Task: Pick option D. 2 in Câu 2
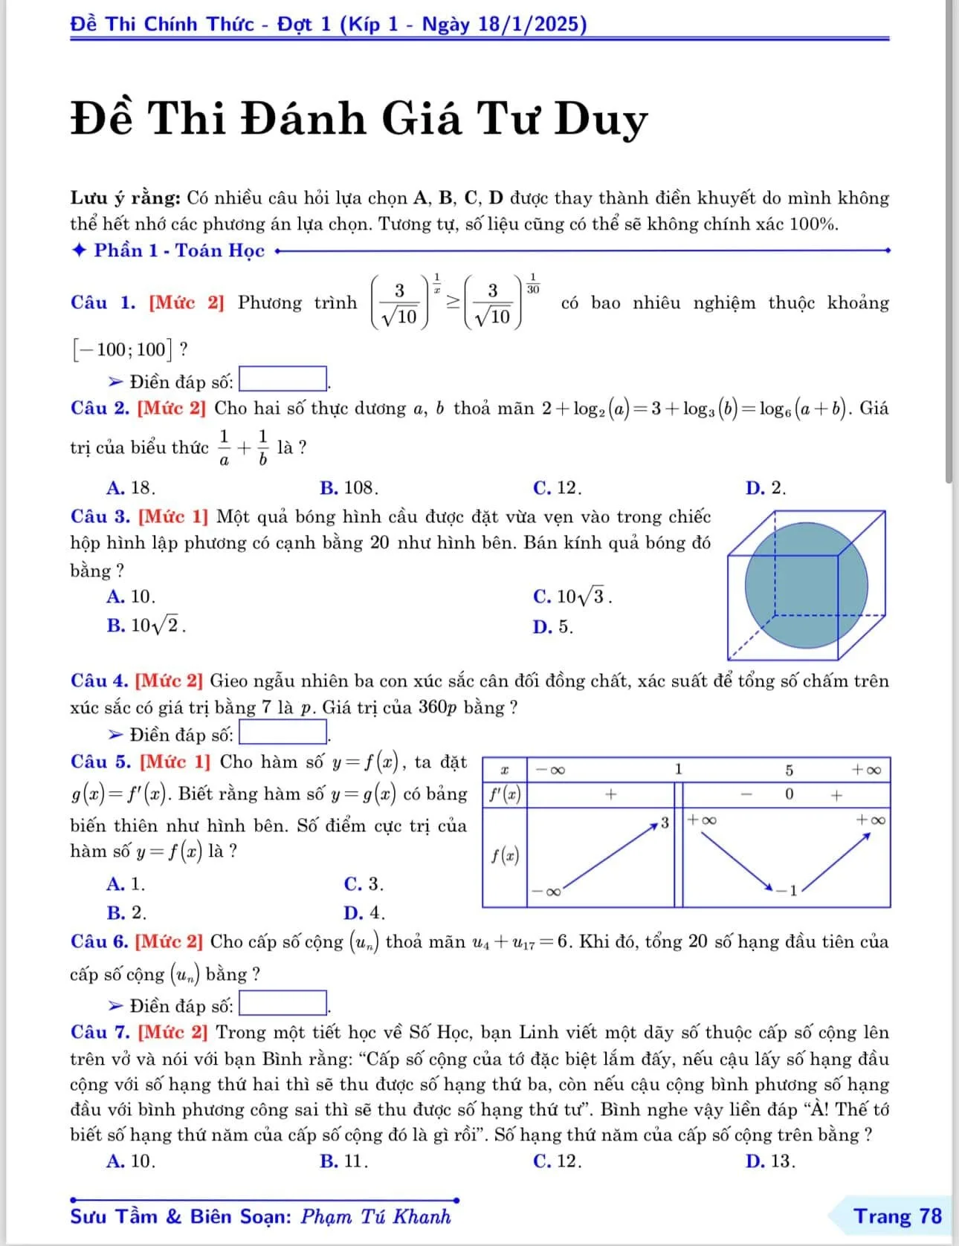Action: click(x=766, y=488)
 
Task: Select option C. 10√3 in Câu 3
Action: click(x=572, y=597)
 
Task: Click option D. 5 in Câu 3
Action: click(x=553, y=627)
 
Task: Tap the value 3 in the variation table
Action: click(x=665, y=822)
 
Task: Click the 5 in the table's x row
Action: click(x=790, y=770)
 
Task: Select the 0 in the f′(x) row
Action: click(x=790, y=794)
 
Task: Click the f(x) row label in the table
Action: click(x=505, y=855)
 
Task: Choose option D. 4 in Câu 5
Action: click(x=364, y=912)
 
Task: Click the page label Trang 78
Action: click(x=897, y=1216)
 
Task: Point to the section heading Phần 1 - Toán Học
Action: click(x=178, y=250)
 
